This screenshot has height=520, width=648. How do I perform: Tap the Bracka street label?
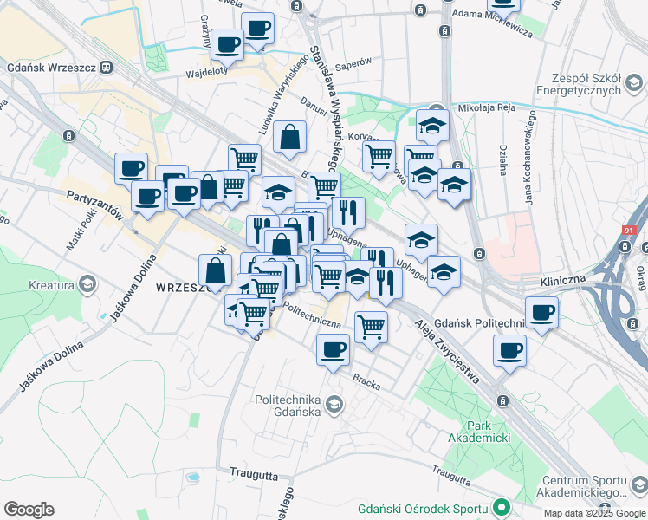point(366,380)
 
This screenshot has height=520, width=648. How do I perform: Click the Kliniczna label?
point(563,283)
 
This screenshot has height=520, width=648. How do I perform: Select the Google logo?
point(29,510)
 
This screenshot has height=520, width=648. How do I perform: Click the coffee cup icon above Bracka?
point(333,350)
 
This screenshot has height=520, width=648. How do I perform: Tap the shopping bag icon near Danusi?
point(289,136)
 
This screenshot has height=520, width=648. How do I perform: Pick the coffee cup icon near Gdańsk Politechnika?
point(541,312)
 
